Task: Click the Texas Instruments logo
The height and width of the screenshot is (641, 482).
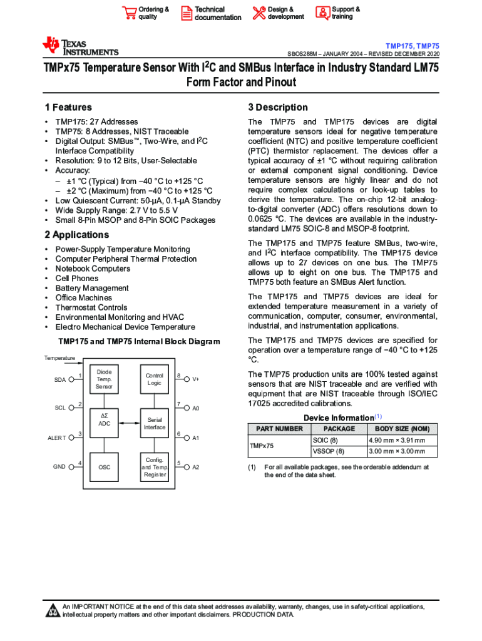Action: [79, 46]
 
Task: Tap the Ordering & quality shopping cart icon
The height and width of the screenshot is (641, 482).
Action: [129, 13]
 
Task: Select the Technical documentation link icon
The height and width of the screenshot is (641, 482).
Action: [186, 13]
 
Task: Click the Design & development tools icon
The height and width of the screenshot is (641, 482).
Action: [259, 13]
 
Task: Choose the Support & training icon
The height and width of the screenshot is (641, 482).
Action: [322, 13]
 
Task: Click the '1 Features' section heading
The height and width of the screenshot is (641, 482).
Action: [68, 108]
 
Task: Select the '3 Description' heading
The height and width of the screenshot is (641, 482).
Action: [278, 108]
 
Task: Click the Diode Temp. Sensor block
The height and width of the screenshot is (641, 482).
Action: [105, 379]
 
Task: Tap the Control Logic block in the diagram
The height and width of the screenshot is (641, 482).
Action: [155, 379]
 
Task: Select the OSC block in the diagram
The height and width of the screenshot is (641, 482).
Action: [105, 467]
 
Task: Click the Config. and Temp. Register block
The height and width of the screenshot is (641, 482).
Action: [155, 467]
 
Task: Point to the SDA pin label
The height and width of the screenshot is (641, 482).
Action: [60, 379]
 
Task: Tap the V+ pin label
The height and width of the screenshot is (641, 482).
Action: [196, 379]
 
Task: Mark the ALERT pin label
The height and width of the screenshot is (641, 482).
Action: [57, 438]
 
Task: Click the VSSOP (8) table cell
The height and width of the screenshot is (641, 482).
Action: [328, 451]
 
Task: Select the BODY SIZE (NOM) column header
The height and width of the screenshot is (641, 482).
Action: [402, 429]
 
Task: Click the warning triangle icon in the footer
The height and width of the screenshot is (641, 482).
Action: [53, 611]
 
